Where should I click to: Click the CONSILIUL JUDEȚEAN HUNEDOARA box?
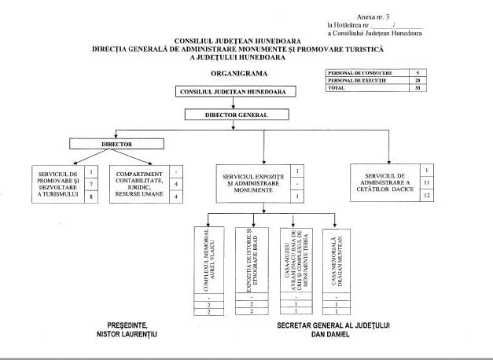(230, 91)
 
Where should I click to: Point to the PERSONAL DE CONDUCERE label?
(359, 73)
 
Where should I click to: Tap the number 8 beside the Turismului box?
(91, 197)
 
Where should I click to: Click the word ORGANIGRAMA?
(240, 73)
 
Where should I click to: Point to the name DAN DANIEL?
(334, 333)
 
